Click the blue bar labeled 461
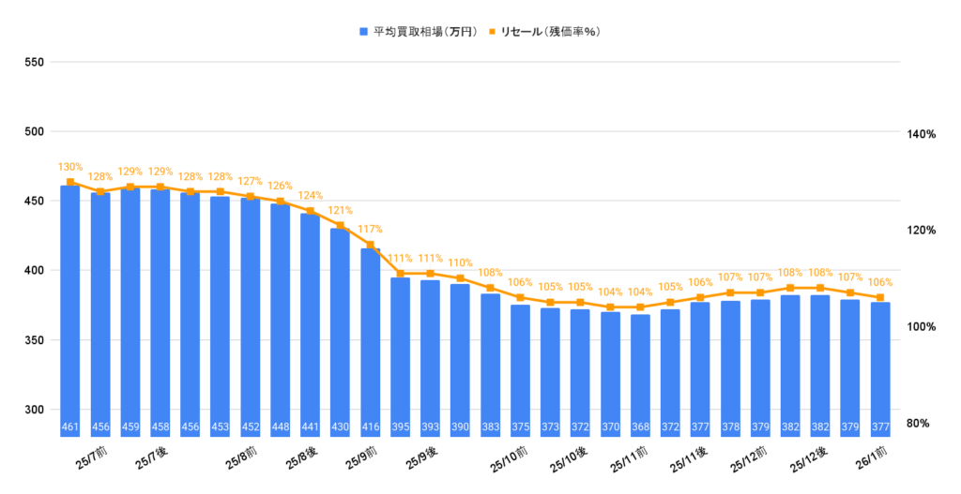(70, 309)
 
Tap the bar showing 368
(640, 375)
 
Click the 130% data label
(70, 167)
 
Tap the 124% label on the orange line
(311, 196)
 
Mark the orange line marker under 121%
(341, 225)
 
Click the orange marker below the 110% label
(460, 278)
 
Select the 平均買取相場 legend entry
(419, 32)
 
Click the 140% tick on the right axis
(921, 135)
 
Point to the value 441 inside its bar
(311, 428)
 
